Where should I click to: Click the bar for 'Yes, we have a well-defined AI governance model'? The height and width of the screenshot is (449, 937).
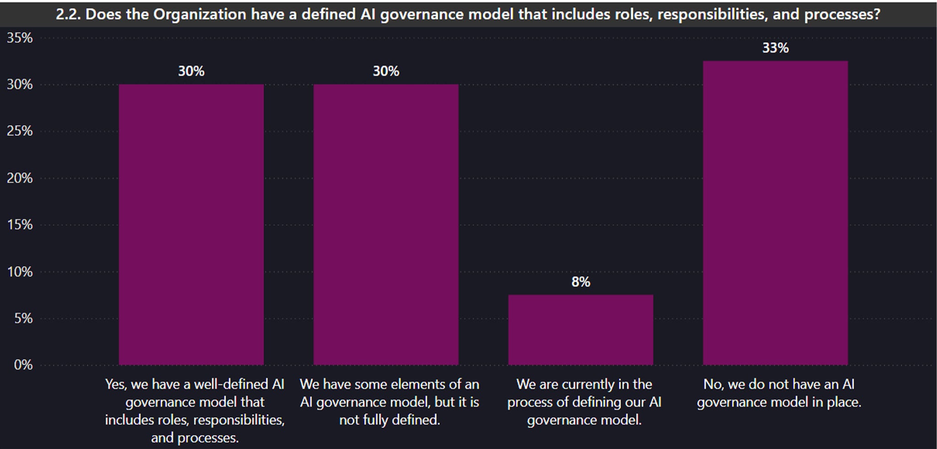click(191, 224)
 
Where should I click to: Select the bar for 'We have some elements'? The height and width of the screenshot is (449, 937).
click(386, 224)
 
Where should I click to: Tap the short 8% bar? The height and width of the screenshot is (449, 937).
click(581, 330)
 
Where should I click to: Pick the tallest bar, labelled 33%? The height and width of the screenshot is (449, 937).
click(775, 213)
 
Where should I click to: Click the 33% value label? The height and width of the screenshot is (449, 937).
click(775, 48)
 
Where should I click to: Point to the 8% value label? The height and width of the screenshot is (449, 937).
click(581, 282)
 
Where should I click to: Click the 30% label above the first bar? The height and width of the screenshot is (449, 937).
click(191, 71)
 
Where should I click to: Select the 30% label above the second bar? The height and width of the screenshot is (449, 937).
click(386, 71)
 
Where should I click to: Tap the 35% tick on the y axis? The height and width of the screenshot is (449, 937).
click(20, 38)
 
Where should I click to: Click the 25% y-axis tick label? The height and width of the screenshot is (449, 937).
click(20, 131)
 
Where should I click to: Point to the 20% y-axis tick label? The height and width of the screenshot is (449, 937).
click(20, 178)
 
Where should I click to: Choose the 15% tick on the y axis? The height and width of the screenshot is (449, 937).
click(20, 225)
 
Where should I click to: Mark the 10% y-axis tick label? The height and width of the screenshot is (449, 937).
click(20, 272)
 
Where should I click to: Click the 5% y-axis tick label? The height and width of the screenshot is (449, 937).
click(23, 319)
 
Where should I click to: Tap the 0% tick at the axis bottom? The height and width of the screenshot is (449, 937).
click(23, 365)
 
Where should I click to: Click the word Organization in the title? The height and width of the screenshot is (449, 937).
click(199, 14)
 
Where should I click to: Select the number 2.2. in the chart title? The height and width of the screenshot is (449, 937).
click(69, 14)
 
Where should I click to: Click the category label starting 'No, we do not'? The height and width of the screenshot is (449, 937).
click(779, 393)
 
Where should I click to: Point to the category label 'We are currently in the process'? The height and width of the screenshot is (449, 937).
click(584, 402)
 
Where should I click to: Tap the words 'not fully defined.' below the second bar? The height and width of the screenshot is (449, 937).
click(389, 420)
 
